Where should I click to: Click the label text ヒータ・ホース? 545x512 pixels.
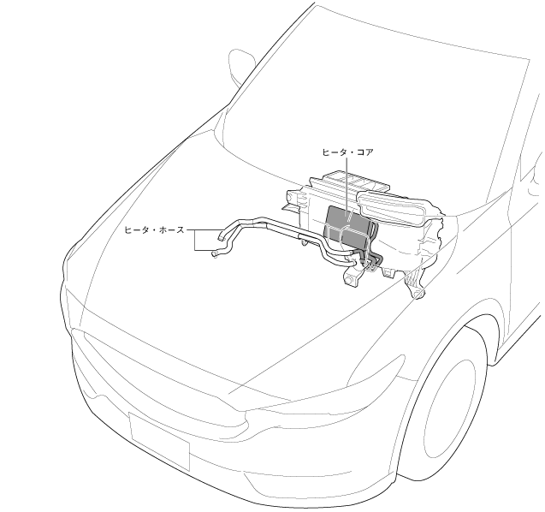click(154, 230)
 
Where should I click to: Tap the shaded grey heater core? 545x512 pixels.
click(350, 223)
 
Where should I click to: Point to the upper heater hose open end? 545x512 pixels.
click(220, 231)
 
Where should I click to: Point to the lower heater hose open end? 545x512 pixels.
click(215, 253)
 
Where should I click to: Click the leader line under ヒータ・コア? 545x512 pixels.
click(348, 184)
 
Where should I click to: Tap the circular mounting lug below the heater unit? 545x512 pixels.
click(351, 280)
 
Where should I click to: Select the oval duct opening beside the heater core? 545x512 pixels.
click(399, 209)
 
